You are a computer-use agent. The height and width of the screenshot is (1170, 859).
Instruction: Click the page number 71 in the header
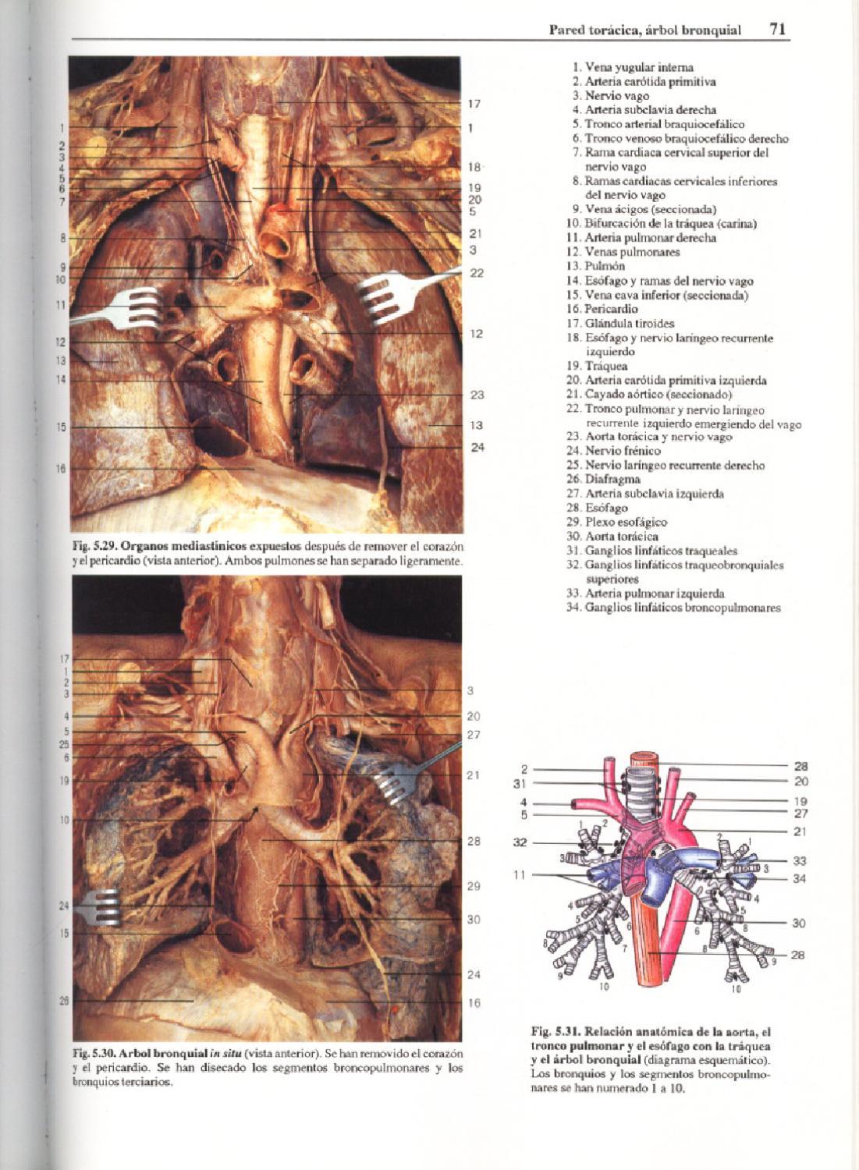(x=777, y=30)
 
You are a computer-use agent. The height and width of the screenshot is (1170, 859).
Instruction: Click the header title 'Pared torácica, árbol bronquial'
(x=644, y=31)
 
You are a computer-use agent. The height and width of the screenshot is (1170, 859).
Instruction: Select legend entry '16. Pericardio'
(x=611, y=310)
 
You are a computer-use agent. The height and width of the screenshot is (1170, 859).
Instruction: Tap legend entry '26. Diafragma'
(x=614, y=480)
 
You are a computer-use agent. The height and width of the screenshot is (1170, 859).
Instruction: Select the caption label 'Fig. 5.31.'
(x=556, y=1031)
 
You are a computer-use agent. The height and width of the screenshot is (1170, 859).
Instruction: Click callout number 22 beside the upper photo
(x=477, y=273)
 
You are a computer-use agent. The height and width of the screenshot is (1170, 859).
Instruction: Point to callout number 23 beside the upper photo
(x=477, y=395)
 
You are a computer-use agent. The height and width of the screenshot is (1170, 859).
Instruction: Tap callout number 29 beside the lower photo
(x=474, y=886)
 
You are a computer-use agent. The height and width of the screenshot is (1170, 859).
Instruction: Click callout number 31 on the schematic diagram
(x=520, y=784)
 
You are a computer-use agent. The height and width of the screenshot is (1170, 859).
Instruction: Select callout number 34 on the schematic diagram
(x=800, y=879)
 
